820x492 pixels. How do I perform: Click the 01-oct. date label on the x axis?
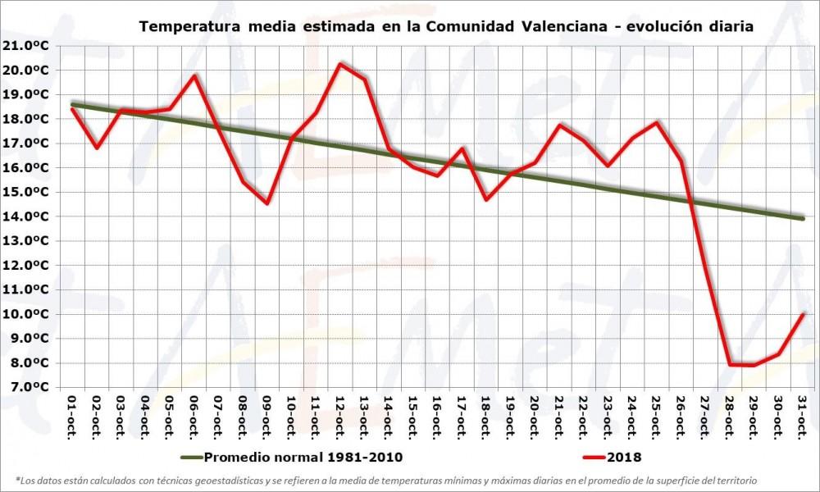tap(72, 417)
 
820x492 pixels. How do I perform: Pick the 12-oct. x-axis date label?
tap(339, 417)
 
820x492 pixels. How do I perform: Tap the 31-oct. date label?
tap(803, 417)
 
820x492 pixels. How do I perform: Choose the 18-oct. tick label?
tap(486, 417)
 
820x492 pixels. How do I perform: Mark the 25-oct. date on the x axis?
tap(657, 417)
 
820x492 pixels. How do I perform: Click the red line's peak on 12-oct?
tap(339, 63)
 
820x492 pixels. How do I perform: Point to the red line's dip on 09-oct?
tap(267, 203)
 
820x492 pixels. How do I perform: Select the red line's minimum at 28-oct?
tap(730, 364)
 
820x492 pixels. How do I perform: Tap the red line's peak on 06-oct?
tap(194, 75)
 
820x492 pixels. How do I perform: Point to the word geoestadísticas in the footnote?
tap(229, 480)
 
